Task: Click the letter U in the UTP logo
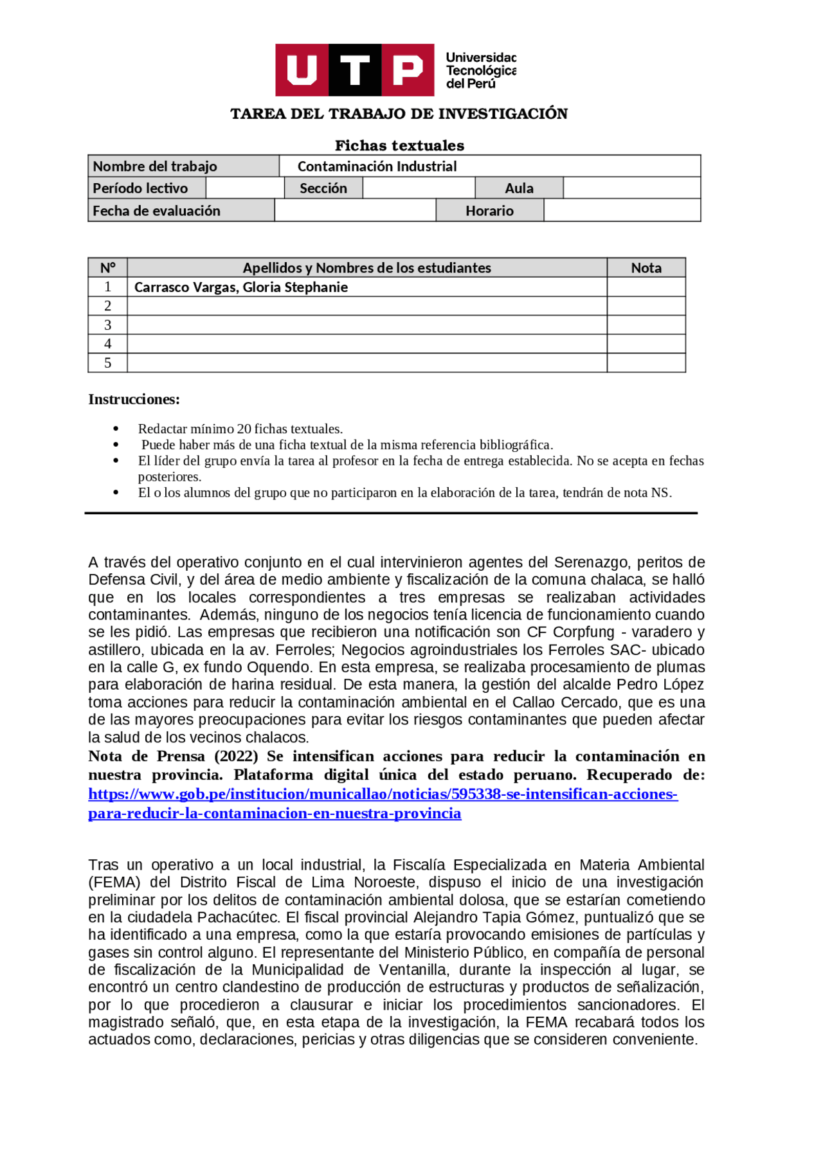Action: [x=302, y=69]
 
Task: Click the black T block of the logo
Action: [x=355, y=69]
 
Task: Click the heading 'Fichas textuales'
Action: [x=399, y=145]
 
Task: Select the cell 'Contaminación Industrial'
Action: [x=377, y=166]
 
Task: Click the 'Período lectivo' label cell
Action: [x=141, y=188]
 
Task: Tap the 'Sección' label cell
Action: [x=323, y=188]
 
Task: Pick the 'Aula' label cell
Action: [x=519, y=188]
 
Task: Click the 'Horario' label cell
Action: [x=489, y=211]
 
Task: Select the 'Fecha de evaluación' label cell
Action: [x=157, y=211]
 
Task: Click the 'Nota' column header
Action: [x=646, y=268]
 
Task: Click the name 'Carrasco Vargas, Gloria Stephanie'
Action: [x=241, y=287]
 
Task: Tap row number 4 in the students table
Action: [x=108, y=344]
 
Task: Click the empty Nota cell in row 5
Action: [x=646, y=363]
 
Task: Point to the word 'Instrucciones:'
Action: [x=134, y=399]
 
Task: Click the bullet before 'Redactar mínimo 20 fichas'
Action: [x=116, y=429]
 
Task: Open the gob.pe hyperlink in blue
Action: [x=383, y=794]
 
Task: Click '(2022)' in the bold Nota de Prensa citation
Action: [x=236, y=757]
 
